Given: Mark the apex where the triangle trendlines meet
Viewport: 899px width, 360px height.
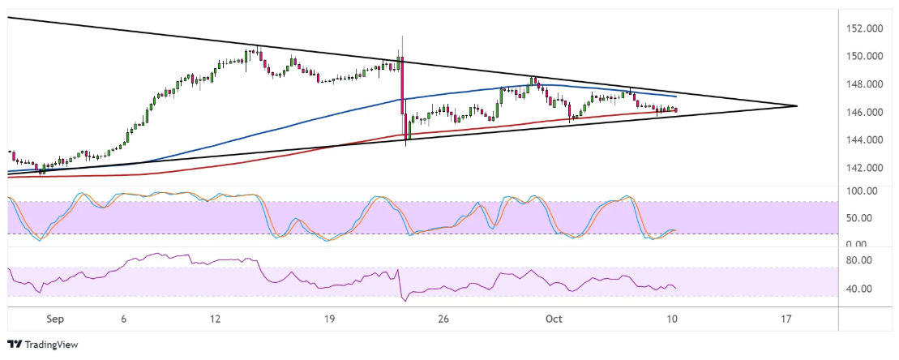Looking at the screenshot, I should coord(797,106).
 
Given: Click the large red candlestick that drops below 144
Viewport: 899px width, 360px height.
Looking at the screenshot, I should coord(402,97).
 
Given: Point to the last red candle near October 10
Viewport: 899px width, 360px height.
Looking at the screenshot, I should coord(676,110).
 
